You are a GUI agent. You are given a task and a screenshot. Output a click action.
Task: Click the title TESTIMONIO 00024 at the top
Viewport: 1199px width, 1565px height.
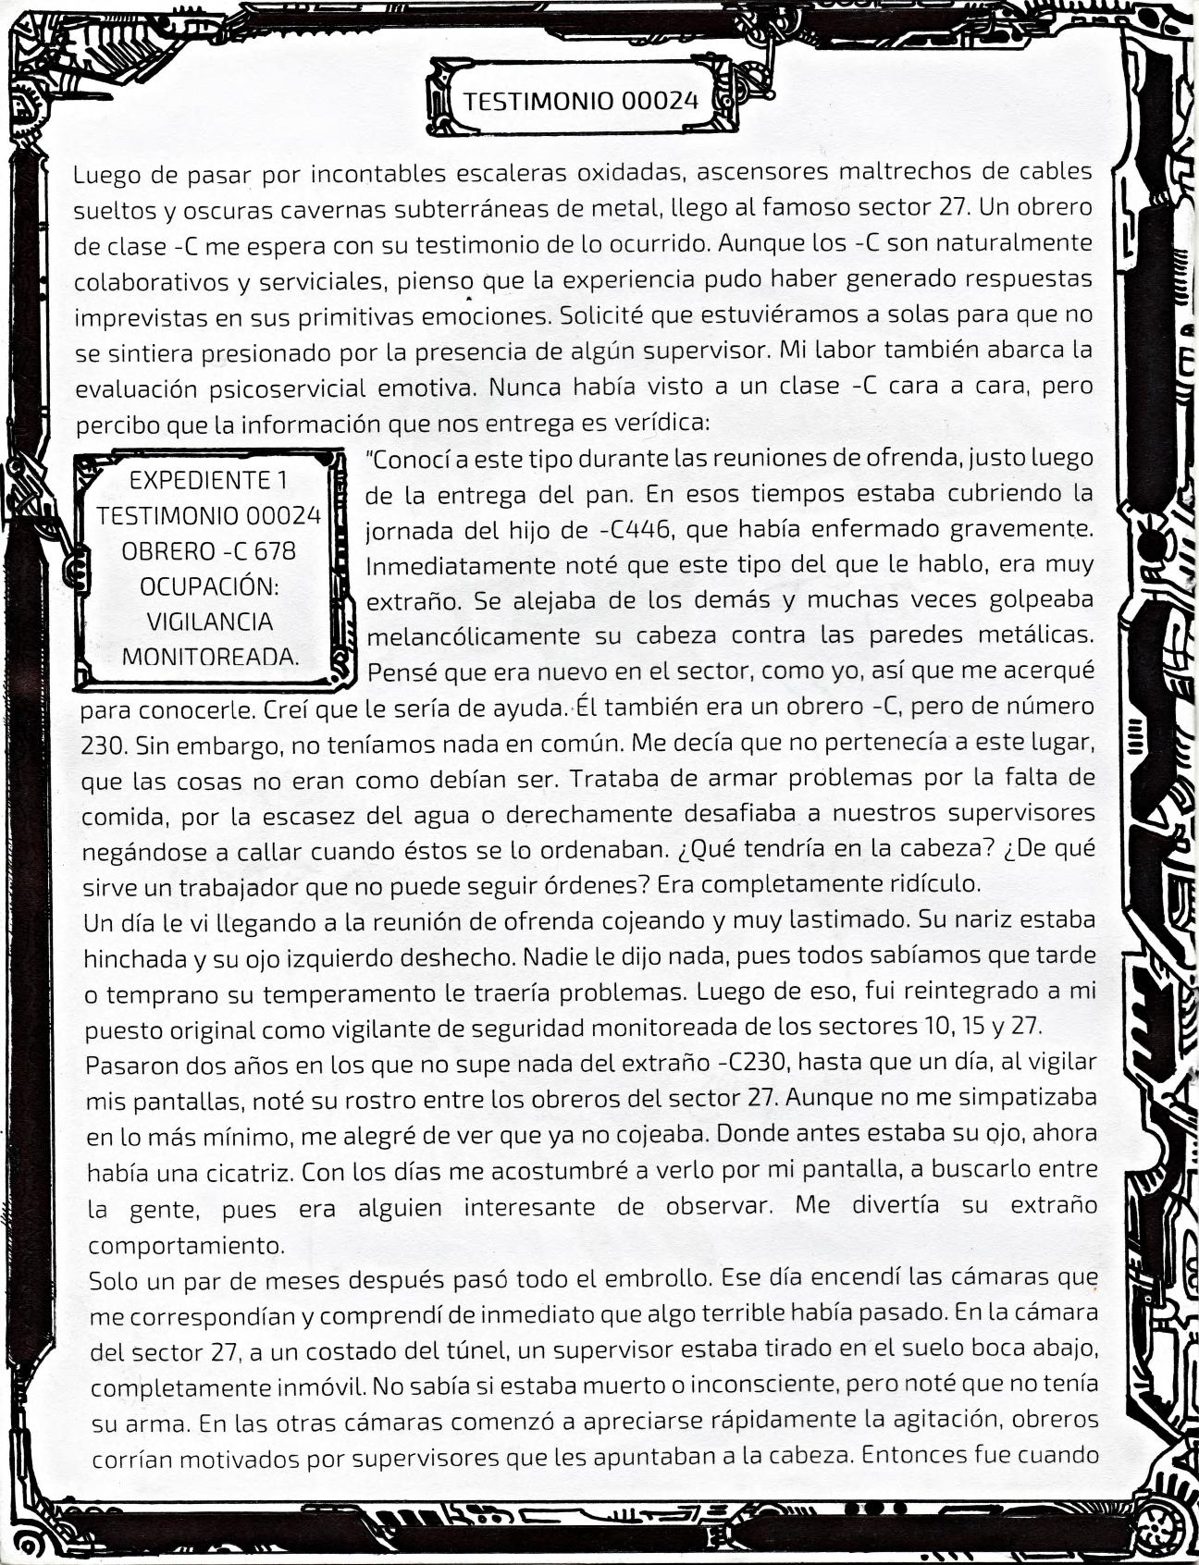click(580, 100)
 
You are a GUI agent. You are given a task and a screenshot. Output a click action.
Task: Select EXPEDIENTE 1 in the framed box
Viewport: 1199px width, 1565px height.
click(208, 480)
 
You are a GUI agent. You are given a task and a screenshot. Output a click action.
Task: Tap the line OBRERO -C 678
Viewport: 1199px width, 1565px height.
click(209, 550)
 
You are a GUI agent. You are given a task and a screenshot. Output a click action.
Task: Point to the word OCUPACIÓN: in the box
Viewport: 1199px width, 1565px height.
click(209, 586)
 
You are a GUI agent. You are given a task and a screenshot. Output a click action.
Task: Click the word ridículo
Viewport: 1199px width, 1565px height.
click(931, 883)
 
